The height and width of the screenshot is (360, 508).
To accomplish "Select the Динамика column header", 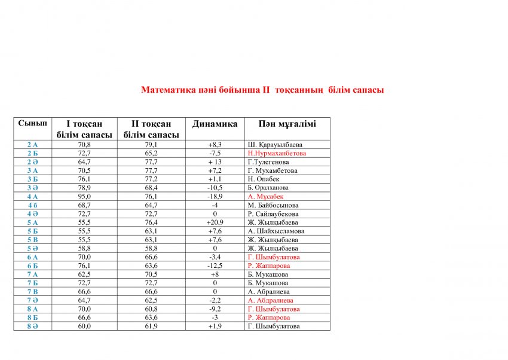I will pos(215,124).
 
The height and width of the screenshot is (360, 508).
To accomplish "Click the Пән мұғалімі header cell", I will pos(287,124).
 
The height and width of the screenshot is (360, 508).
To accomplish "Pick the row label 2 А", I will pos(32,145).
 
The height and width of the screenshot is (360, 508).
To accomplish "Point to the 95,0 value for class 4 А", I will pos(84,196).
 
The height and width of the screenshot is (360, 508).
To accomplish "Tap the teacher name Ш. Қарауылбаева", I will pos(275,145).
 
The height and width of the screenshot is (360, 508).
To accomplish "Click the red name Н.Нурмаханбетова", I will pos(277,153).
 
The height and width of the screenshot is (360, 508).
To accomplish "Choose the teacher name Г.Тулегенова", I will pos(268,162).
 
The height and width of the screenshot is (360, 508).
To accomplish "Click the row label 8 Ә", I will pos(32,327).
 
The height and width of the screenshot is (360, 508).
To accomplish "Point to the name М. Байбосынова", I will pos(273,205).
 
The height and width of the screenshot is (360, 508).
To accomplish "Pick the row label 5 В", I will pos(32,240).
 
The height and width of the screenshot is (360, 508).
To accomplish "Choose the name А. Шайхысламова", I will pos(276,231).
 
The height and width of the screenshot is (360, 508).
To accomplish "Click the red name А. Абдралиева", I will pos(271,300).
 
